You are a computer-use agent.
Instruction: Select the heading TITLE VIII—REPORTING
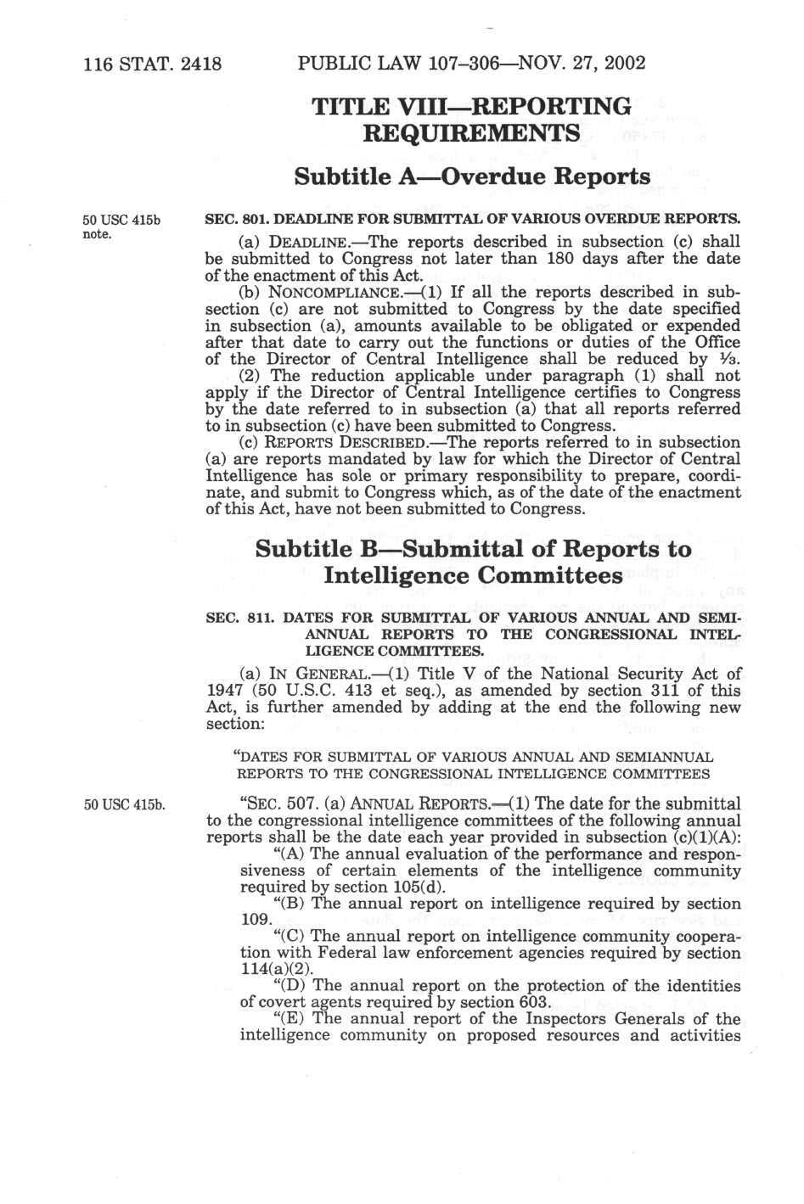pyautogui.click(x=471, y=106)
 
